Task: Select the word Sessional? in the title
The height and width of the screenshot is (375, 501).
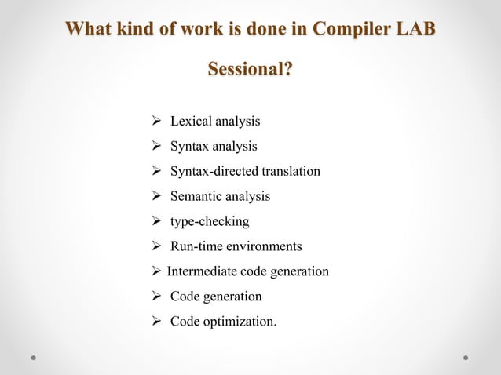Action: click(x=251, y=70)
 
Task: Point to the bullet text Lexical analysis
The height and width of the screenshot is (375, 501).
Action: click(x=215, y=122)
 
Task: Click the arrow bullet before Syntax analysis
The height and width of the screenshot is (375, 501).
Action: click(x=156, y=147)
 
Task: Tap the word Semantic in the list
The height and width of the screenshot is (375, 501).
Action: click(x=196, y=196)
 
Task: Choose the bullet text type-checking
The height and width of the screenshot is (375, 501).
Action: click(x=210, y=221)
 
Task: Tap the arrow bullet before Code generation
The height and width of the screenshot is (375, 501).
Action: click(x=156, y=297)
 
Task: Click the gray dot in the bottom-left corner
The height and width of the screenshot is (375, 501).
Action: click(x=35, y=357)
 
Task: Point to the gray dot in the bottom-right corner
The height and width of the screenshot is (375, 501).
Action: click(x=466, y=357)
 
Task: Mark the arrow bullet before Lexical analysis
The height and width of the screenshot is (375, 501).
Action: click(x=156, y=122)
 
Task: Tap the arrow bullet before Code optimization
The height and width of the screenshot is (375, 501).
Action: click(x=156, y=322)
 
